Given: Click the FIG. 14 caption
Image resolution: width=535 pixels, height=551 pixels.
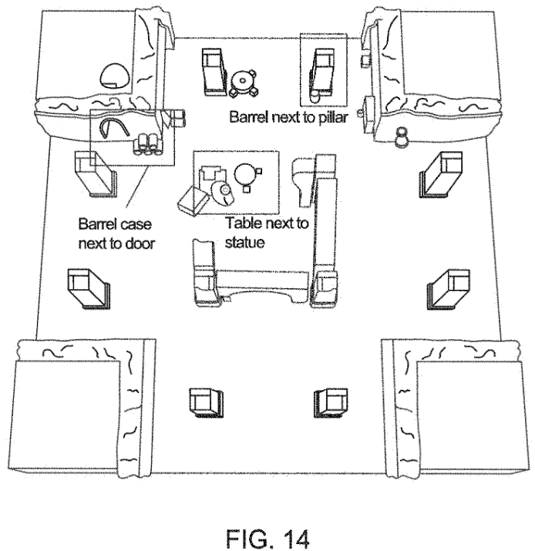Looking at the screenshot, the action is pyautogui.click(x=267, y=539).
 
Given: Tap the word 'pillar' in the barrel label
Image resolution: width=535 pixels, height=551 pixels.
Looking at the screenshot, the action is pyautogui.click(x=333, y=117).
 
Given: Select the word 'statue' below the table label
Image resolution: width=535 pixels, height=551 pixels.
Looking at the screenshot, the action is pyautogui.click(x=244, y=243).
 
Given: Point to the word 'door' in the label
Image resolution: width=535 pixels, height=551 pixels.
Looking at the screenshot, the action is pyautogui.click(x=140, y=244).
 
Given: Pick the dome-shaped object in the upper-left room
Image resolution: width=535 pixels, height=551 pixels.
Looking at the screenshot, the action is pyautogui.click(x=115, y=76).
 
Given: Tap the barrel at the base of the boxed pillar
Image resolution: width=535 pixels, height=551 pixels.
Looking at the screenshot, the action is pyautogui.click(x=315, y=96).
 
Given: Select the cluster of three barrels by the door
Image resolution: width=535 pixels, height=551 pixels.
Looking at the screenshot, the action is pyautogui.click(x=148, y=144).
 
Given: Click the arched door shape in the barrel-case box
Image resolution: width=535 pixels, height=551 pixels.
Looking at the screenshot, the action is pyautogui.click(x=113, y=127).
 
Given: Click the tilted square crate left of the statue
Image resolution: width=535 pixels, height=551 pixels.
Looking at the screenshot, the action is pyautogui.click(x=193, y=201).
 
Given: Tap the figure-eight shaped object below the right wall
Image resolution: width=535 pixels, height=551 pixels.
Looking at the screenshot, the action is pyautogui.click(x=402, y=137).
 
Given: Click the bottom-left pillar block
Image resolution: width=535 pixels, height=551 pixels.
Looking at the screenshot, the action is pyautogui.click(x=206, y=403).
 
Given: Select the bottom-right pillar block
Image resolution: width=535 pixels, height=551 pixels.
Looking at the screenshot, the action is pyautogui.click(x=331, y=403).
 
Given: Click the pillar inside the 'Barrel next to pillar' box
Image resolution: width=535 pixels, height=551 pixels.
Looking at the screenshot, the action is pyautogui.click(x=322, y=72).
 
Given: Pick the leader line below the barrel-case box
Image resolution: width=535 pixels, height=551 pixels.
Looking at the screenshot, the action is pyautogui.click(x=136, y=186).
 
